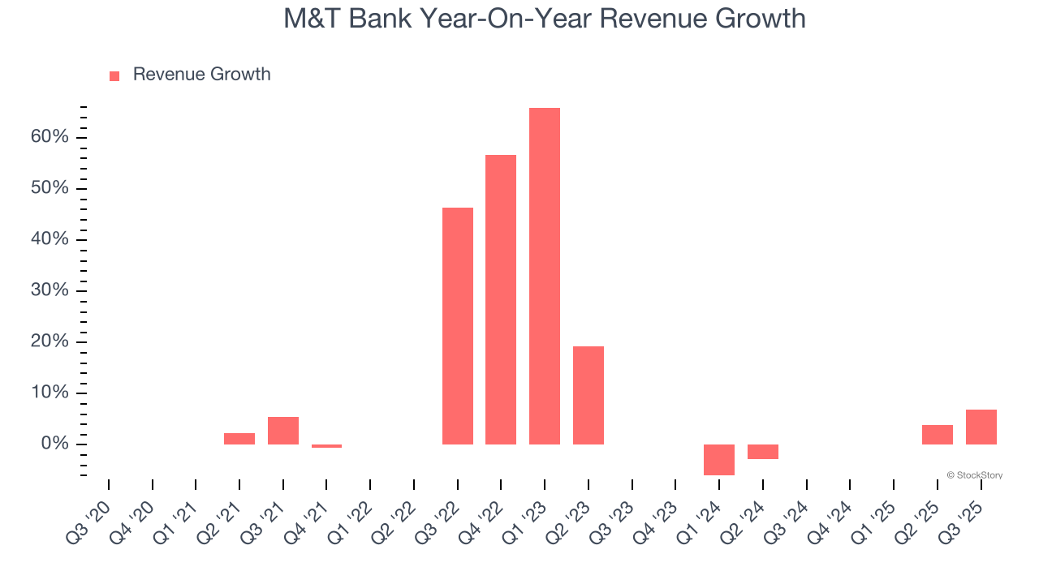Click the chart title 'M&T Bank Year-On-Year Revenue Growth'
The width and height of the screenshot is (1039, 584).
coord(544,18)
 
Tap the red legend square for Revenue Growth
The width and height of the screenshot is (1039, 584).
coord(114,75)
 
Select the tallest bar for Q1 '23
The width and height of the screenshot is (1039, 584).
coord(545,276)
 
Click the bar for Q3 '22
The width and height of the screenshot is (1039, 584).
coord(458,326)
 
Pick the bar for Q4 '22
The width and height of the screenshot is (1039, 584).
coord(501,299)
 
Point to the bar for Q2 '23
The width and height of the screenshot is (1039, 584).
coord(588,395)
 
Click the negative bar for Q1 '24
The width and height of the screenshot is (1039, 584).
coord(719,459)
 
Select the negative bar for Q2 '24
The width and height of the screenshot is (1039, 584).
coord(763,452)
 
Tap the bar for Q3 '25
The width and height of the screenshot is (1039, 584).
coord(981,427)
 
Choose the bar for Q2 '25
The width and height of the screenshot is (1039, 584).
coord(938,435)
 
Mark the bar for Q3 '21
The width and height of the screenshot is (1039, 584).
coord(283,431)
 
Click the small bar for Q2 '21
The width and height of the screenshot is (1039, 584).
coord(239,439)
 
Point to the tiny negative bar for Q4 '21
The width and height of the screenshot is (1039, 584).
coord(327,446)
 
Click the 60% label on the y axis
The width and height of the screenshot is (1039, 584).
coord(50,137)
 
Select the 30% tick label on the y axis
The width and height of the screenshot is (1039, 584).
coord(50,290)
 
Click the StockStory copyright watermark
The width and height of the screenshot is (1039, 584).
coord(975,475)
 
